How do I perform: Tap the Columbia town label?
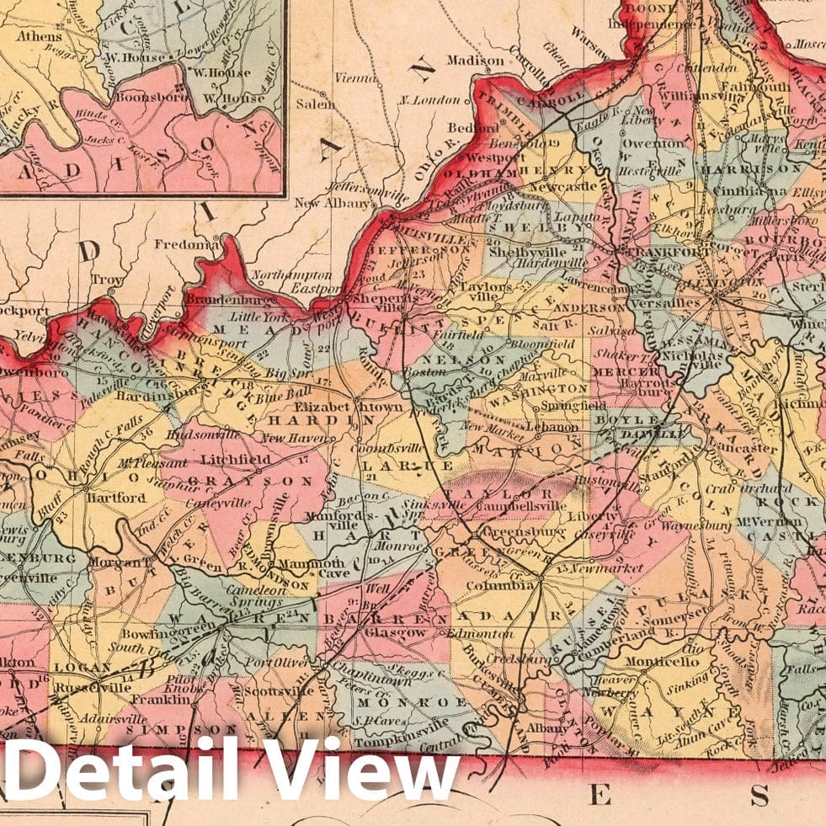click(508, 584)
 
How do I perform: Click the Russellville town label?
click(88, 687)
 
